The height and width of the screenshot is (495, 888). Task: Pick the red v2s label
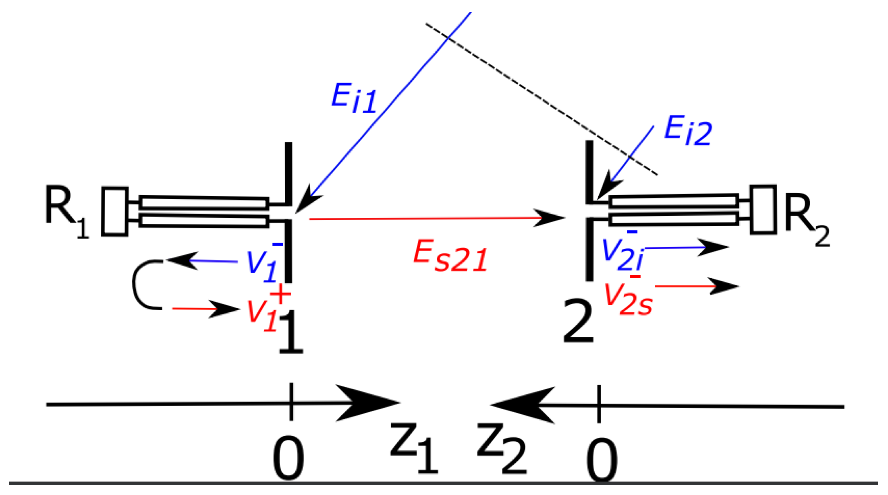tap(629, 300)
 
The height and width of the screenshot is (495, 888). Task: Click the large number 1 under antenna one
tap(291, 332)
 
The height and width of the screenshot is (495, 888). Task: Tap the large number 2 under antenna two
tap(578, 322)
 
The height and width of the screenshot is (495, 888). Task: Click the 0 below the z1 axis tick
tap(288, 459)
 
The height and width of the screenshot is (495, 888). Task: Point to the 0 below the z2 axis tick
tap(602, 461)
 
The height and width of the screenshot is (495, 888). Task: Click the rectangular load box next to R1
tap(114, 211)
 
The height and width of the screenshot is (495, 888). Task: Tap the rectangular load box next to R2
tap(763, 209)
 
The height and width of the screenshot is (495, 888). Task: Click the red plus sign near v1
tap(280, 294)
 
